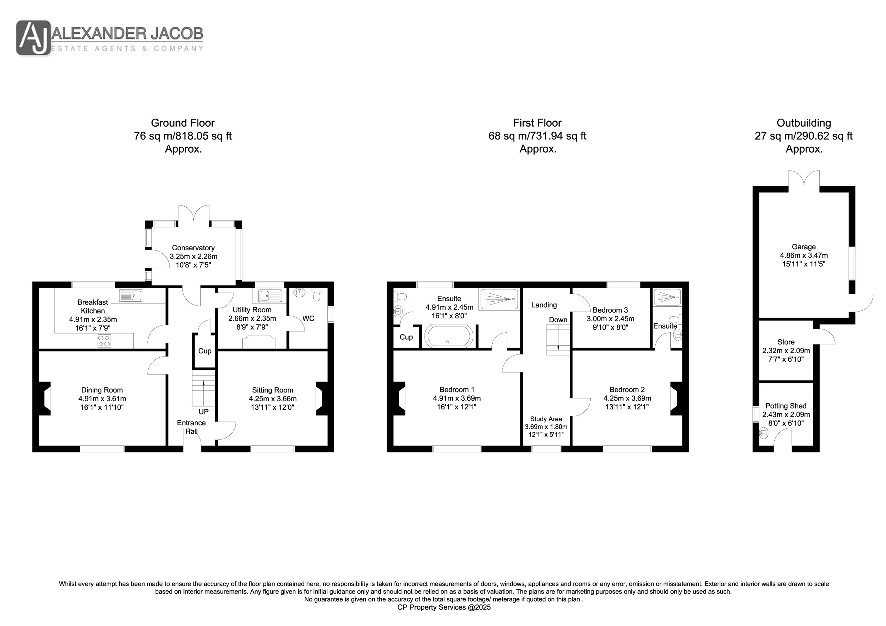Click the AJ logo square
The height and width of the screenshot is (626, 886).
[x=33, y=38]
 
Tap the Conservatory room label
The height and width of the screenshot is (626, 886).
[x=193, y=248]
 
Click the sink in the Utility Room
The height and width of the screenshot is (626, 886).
[x=269, y=296]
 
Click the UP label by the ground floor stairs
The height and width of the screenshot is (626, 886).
[x=203, y=411]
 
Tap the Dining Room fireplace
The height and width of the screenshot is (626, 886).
[x=45, y=398]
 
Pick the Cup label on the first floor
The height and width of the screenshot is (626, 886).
[x=406, y=337]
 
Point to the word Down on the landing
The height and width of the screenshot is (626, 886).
[x=558, y=320]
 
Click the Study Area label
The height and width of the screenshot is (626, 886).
[x=546, y=419]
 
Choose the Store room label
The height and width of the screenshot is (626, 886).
[x=786, y=342]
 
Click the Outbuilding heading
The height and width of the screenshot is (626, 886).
[x=804, y=123]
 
